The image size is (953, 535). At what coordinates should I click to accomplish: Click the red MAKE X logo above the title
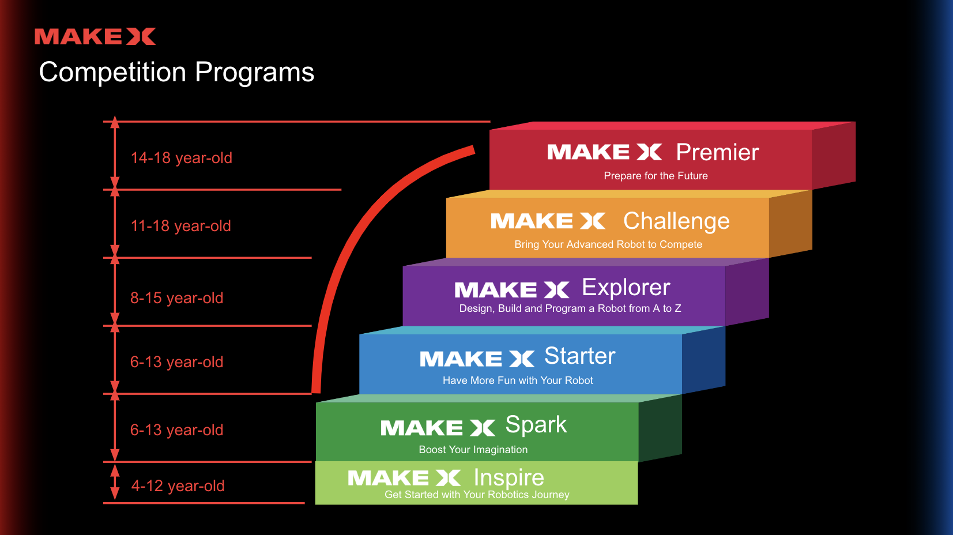point(95,36)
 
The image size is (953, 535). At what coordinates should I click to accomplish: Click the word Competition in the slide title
point(112,73)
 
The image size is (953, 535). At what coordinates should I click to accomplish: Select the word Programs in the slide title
point(254,73)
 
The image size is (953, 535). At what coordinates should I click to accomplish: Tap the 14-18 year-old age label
point(181,158)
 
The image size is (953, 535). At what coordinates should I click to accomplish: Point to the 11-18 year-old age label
point(180,226)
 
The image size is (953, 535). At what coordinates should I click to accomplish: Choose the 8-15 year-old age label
point(176,298)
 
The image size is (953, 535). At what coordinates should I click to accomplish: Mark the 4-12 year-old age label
point(178,486)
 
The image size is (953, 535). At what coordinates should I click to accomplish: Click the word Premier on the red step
point(717,152)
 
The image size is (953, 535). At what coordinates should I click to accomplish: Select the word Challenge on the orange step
point(676,221)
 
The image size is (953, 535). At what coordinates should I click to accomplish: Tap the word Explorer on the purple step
point(626,287)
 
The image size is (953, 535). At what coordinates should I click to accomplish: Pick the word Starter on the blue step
point(580,356)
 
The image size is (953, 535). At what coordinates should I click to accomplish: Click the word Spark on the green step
point(536,425)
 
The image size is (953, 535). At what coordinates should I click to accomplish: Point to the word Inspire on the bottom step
point(508,477)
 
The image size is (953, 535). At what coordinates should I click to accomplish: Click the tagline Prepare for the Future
point(656,176)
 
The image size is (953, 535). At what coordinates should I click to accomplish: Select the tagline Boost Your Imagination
point(473,450)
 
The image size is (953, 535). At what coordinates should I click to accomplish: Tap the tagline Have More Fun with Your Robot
point(518,380)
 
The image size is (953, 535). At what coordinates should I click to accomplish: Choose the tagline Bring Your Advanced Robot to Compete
point(608,244)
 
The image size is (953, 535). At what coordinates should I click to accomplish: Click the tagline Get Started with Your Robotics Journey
point(477,495)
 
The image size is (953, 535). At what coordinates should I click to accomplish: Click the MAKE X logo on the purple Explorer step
point(511,289)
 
